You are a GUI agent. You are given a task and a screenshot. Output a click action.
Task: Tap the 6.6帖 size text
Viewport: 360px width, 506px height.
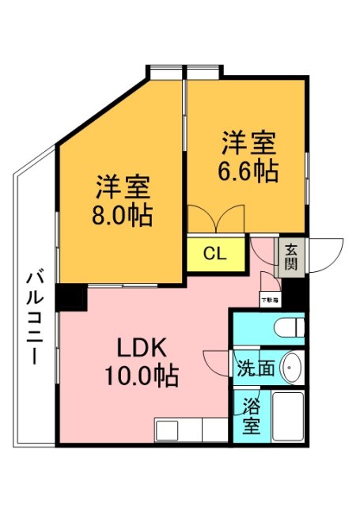tap(248, 171)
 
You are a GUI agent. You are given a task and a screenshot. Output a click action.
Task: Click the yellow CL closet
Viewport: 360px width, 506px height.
tap(214, 254)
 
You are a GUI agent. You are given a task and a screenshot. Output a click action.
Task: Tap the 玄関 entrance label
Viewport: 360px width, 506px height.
tap(291, 256)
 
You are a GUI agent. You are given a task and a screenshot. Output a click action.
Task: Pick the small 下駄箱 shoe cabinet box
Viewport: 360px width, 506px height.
tap(269, 300)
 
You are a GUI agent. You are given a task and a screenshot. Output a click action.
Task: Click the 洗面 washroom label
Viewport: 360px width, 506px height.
tap(255, 368)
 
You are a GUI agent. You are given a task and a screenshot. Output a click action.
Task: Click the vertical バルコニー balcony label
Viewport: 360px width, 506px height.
tap(33, 317)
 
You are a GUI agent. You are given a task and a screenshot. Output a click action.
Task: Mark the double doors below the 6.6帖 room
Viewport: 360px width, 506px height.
tap(217, 218)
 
